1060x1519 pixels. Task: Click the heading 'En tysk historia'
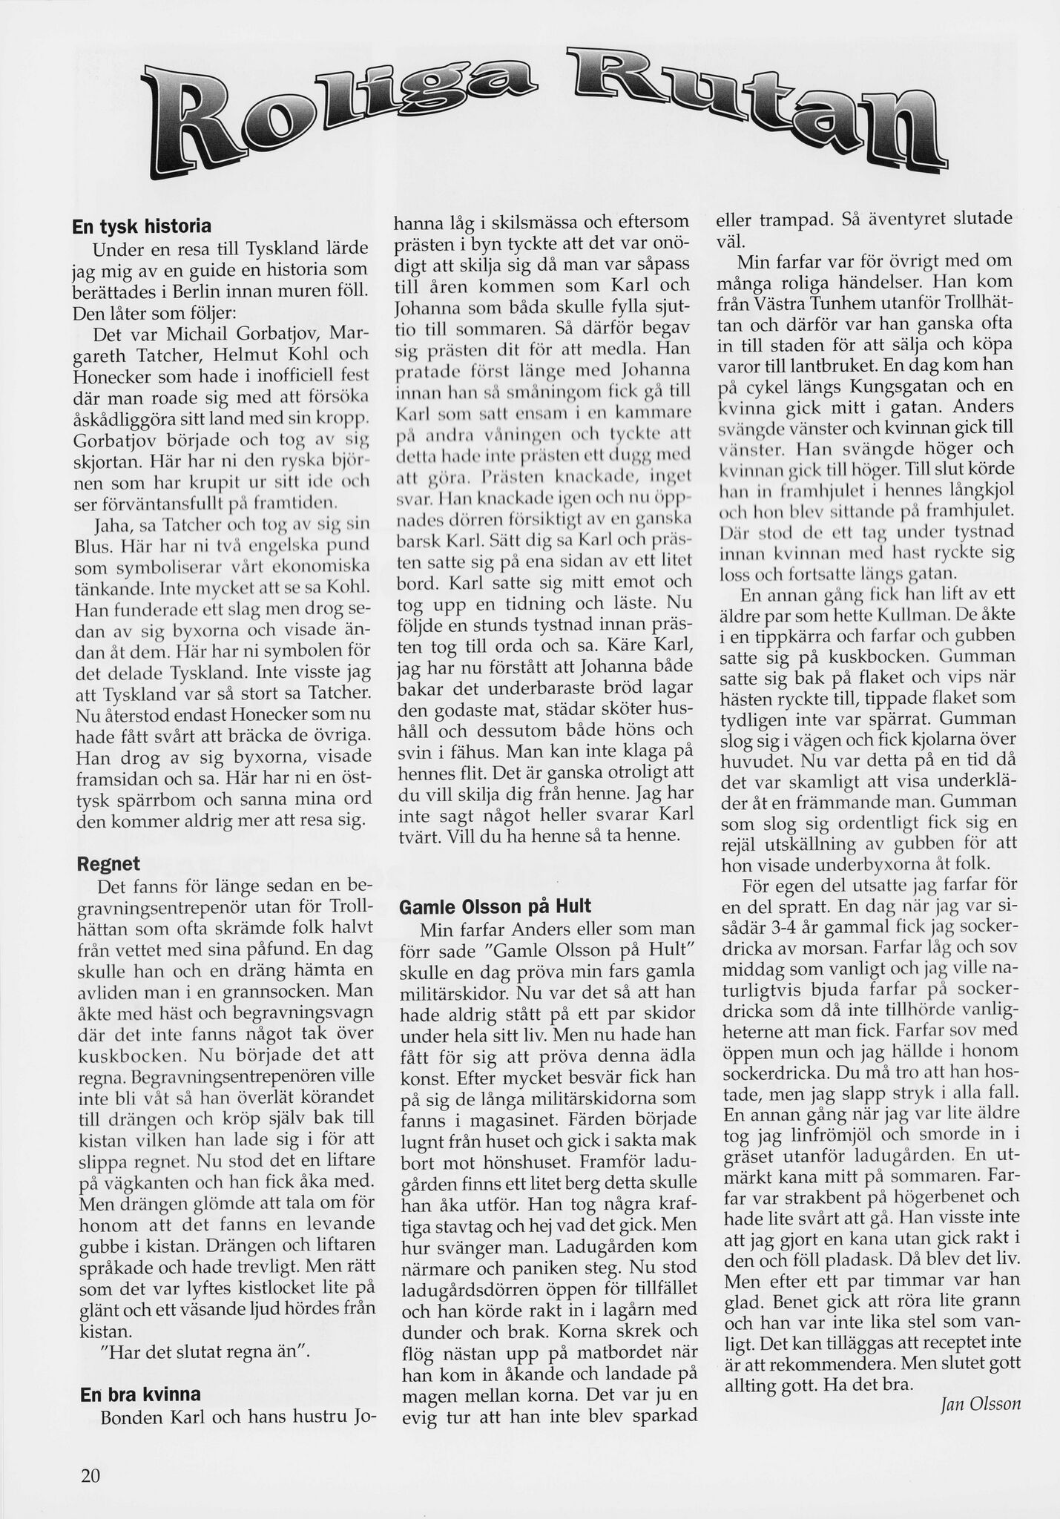coord(142,225)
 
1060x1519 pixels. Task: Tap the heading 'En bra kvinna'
coord(139,1394)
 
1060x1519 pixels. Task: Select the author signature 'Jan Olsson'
coord(981,1403)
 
